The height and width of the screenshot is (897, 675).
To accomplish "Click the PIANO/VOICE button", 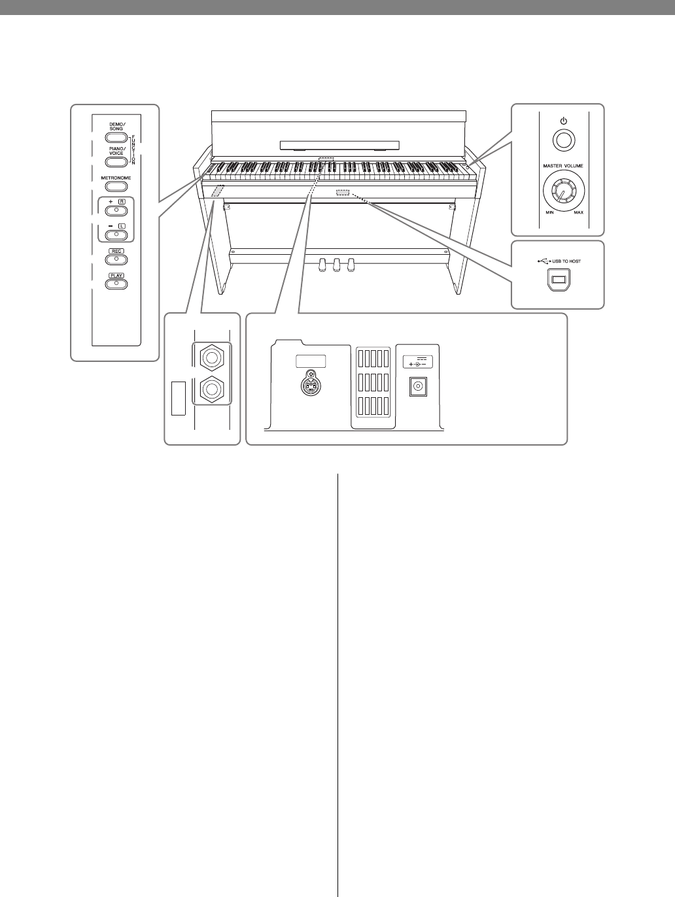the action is [x=116, y=162].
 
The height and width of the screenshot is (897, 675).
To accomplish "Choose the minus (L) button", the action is [x=116, y=234].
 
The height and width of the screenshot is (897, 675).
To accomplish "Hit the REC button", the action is [x=116, y=259].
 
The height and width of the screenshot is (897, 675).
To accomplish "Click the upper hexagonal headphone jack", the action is [x=211, y=357].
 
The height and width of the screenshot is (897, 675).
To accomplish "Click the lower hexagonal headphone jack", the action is [x=211, y=390].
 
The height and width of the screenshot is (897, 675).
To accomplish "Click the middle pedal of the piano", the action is [x=337, y=265].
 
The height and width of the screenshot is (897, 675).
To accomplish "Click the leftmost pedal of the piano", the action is [x=322, y=265].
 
